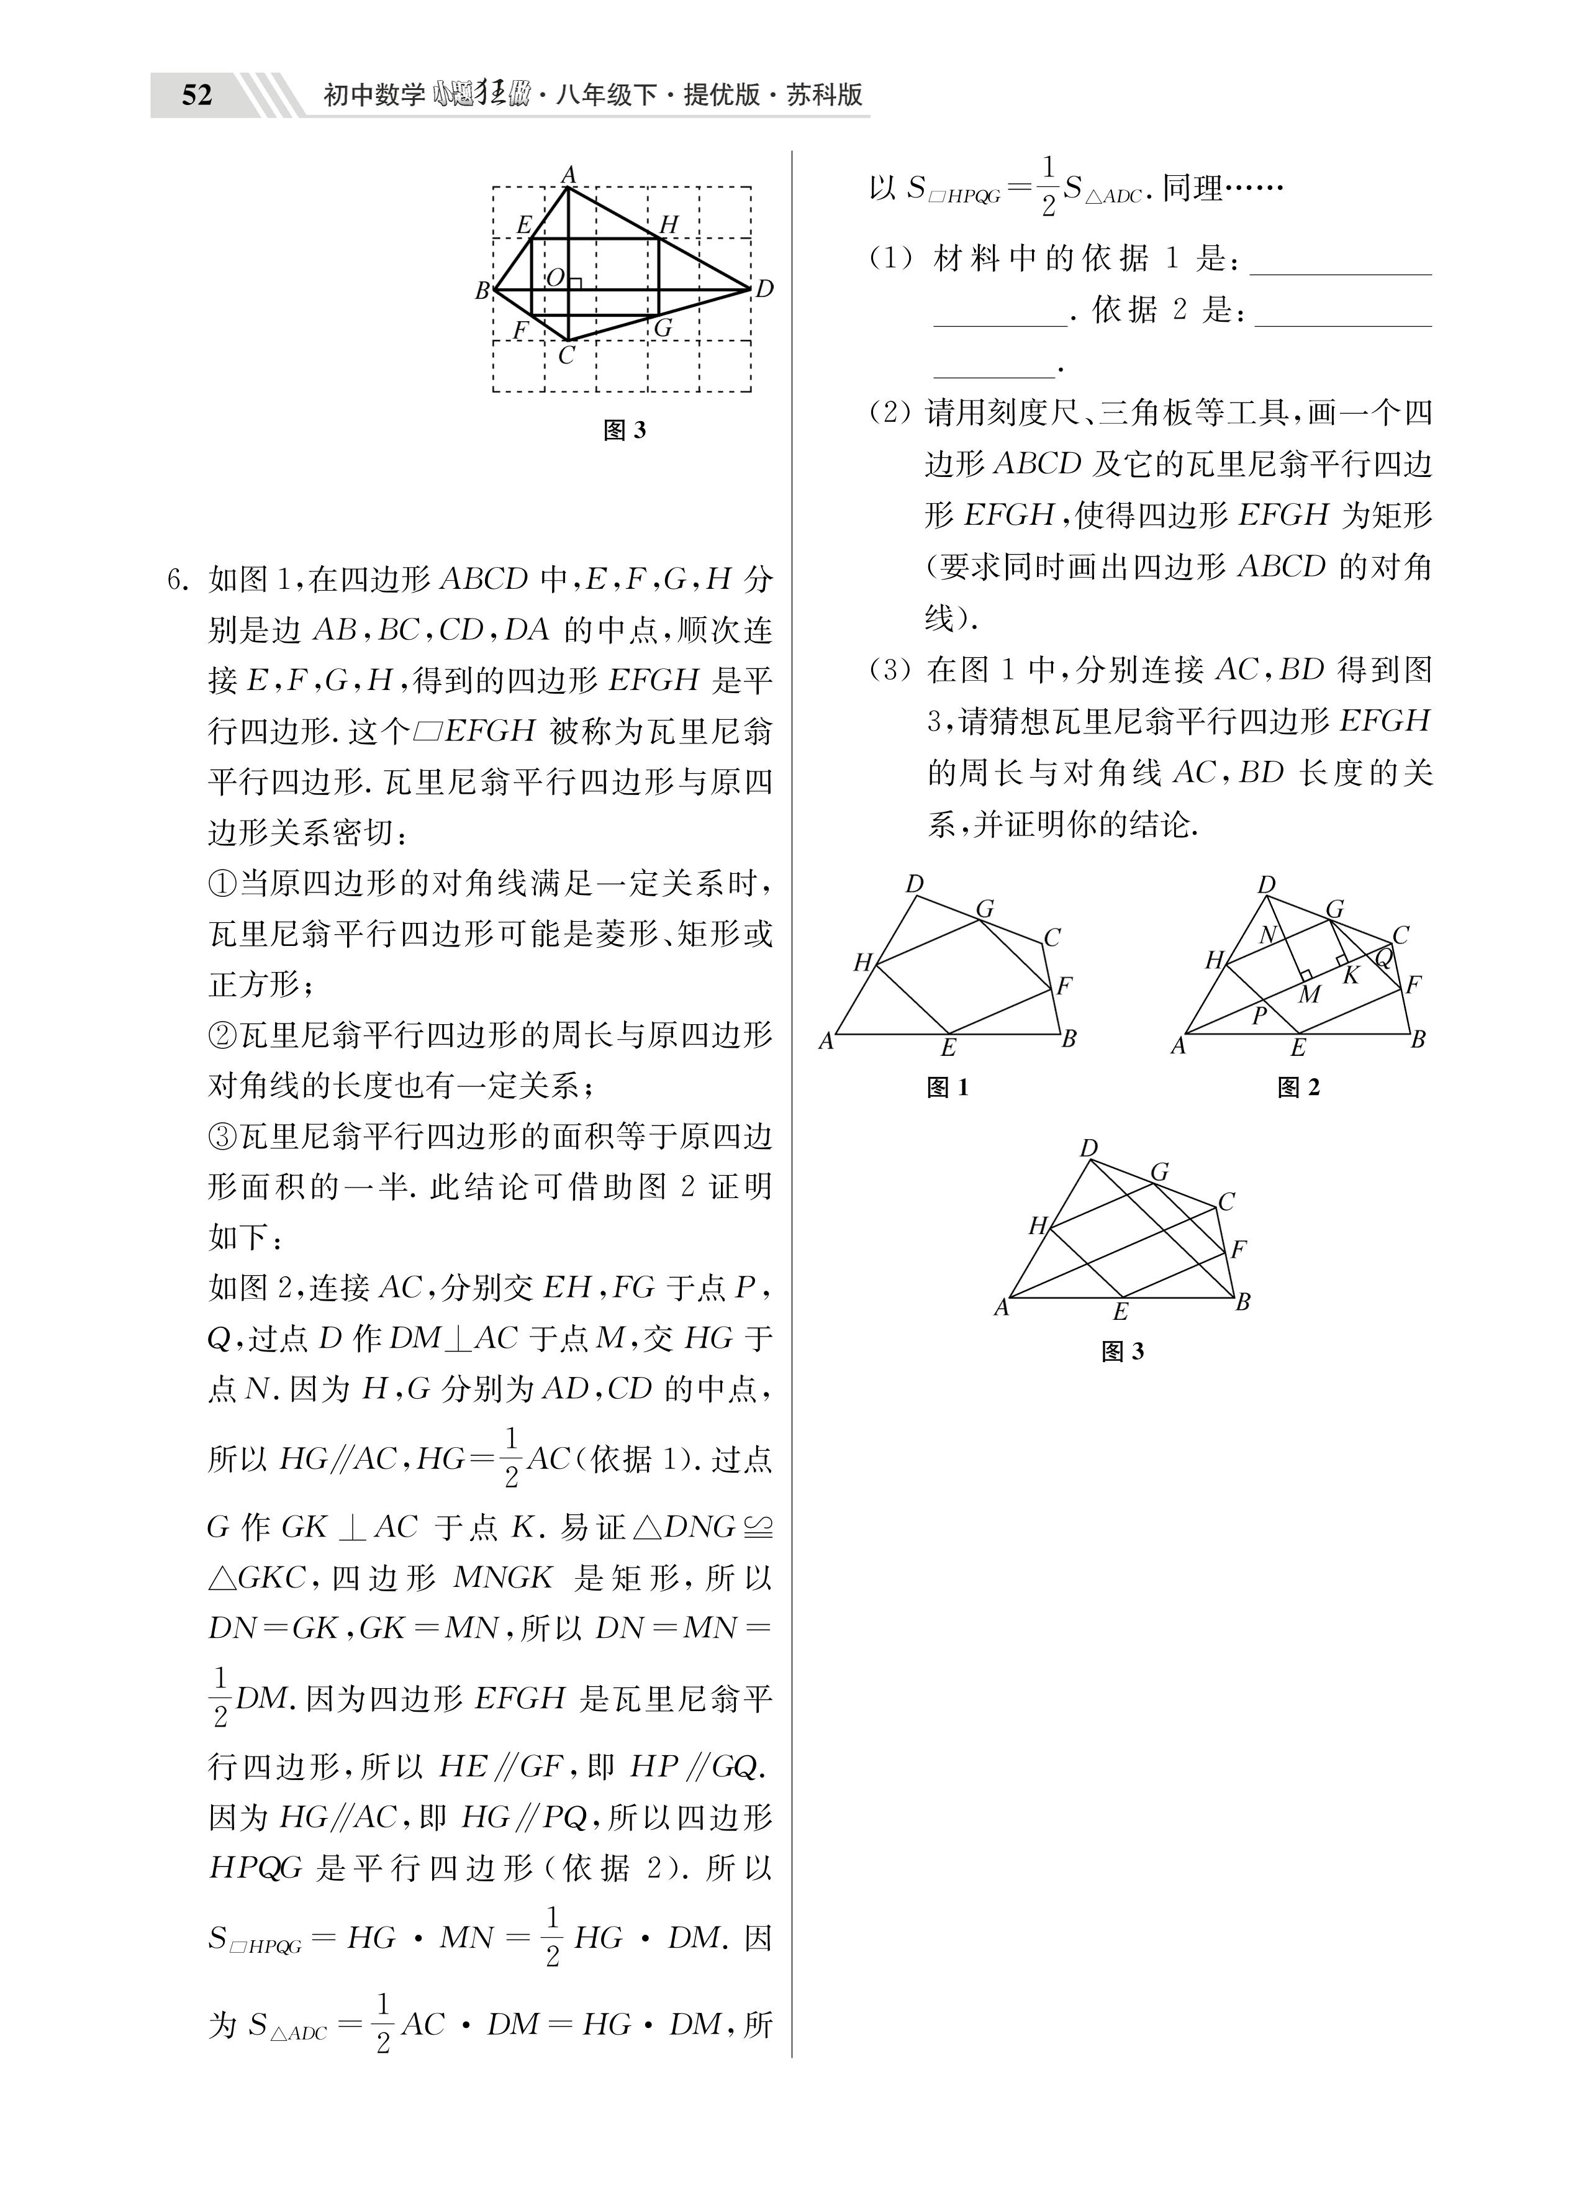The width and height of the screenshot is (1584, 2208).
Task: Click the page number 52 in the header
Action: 197,96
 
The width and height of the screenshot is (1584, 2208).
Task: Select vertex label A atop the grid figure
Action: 569,175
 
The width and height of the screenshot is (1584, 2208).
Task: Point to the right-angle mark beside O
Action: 576,283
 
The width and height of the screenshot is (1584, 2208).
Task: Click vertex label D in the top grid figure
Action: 764,289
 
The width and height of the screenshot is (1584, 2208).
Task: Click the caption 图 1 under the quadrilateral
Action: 948,1088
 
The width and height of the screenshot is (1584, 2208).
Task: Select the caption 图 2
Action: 1299,1088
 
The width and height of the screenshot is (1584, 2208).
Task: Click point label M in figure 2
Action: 1310,994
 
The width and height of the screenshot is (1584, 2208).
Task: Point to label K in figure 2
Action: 1351,975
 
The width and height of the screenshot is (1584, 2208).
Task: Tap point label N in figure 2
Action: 1267,935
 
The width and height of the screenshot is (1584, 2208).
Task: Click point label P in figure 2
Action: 1259,1015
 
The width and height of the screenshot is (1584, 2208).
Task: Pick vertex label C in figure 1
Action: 1051,937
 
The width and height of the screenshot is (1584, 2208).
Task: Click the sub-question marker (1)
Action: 891,259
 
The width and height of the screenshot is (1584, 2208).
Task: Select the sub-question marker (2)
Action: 891,414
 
